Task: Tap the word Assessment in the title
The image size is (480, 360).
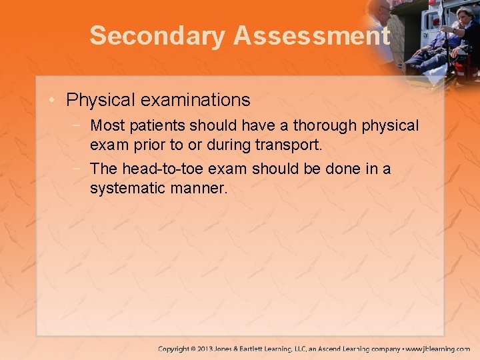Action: pyautogui.click(x=311, y=36)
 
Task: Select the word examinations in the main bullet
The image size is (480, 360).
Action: pyautogui.click(x=195, y=101)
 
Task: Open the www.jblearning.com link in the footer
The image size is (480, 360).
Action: pyautogui.click(x=439, y=349)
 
